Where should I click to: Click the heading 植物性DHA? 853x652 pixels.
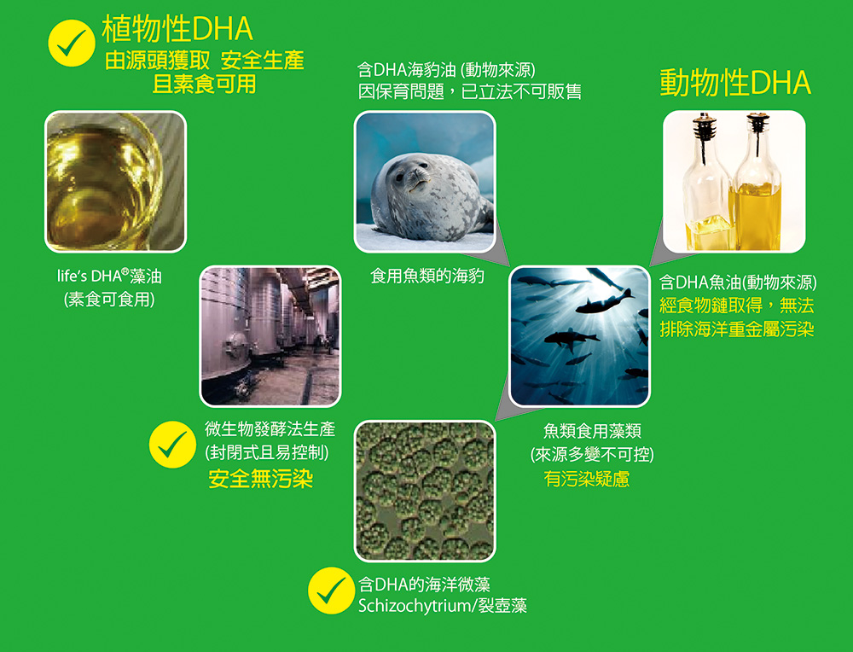pyautogui.click(x=177, y=29)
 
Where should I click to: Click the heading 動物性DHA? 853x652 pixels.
pyautogui.click(x=735, y=84)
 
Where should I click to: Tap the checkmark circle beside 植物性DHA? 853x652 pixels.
pyautogui.click(x=72, y=43)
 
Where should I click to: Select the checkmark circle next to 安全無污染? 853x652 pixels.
pyautogui.click(x=172, y=445)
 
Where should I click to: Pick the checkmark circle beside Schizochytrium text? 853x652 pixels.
pyautogui.click(x=331, y=591)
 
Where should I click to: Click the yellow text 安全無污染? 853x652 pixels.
pyautogui.click(x=260, y=479)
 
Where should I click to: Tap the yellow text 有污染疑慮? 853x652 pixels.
pyautogui.click(x=587, y=479)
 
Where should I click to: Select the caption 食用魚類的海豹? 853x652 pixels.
pyautogui.click(x=427, y=276)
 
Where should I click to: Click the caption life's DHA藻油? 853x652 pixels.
pyautogui.click(x=109, y=276)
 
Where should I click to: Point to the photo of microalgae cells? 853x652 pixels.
pyautogui.click(x=425, y=491)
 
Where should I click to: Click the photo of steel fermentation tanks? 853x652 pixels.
pyautogui.click(x=270, y=335)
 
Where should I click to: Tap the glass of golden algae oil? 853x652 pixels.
pyautogui.click(x=115, y=181)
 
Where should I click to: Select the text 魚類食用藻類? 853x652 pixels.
pyautogui.click(x=592, y=431)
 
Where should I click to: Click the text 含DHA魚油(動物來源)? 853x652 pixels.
pyautogui.click(x=738, y=282)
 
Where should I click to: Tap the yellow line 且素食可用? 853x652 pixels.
pyautogui.click(x=204, y=84)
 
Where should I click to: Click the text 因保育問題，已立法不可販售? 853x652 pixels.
pyautogui.click(x=469, y=91)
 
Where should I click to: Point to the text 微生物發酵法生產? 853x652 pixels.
pyautogui.click(x=270, y=429)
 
